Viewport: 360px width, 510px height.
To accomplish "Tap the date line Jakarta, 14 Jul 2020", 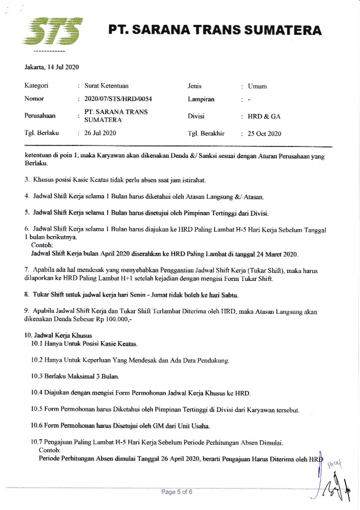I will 52,67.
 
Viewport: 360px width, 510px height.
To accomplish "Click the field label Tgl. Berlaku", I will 42,133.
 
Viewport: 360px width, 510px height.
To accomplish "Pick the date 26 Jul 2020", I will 100,133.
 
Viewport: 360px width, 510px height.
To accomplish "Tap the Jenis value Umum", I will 257,86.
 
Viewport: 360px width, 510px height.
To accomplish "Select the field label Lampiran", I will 201,99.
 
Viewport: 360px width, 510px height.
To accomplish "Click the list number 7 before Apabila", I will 26,269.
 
